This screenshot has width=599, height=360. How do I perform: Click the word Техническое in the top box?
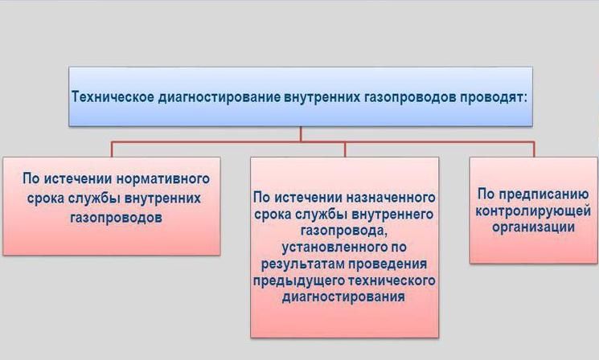[113, 96]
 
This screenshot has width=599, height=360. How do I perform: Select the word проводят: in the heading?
[493, 97]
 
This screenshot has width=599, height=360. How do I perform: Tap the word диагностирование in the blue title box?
[219, 98]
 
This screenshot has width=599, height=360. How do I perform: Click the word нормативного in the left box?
[162, 178]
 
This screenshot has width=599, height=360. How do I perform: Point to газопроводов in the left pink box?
[116, 218]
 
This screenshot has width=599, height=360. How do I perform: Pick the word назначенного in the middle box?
[391, 198]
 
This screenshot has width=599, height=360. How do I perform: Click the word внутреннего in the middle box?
[392, 215]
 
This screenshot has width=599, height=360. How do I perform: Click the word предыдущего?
[297, 280]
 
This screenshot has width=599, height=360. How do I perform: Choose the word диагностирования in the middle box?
[343, 297]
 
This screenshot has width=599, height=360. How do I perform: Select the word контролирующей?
[533, 211]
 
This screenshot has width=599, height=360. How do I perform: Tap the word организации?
[534, 227]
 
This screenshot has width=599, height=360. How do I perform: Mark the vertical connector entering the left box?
[112, 149]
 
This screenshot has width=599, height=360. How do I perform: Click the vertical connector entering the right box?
[534, 149]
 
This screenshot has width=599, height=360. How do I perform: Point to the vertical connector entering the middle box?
[345, 149]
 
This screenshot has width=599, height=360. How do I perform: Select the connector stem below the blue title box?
[301, 134]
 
